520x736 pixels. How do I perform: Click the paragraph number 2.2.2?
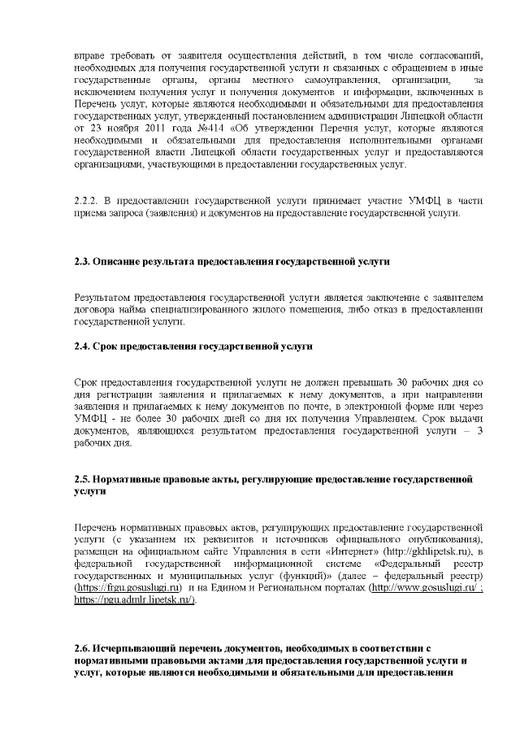click(x=85, y=201)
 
